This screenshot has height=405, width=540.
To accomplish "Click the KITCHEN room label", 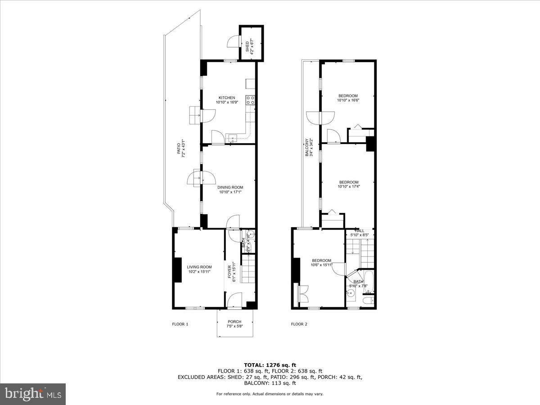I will point(227,98).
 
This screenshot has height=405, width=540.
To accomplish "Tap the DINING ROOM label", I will point(230,187).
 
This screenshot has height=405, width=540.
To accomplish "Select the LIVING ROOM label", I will point(199,267).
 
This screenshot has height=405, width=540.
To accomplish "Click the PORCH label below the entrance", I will point(234,321).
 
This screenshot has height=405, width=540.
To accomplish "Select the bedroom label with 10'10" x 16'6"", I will point(348,95).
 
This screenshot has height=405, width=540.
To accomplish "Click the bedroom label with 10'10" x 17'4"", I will point(348,182).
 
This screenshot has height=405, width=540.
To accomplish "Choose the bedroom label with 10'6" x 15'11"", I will point(321,261).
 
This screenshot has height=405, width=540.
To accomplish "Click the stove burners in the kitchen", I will point(251,100).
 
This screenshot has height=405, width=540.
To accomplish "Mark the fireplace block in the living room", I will point(178,270).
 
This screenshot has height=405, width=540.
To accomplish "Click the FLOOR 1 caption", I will point(180,324).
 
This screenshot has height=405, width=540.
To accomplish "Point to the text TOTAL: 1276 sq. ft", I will point(270,365).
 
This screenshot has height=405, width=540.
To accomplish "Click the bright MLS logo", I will point(33,394).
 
